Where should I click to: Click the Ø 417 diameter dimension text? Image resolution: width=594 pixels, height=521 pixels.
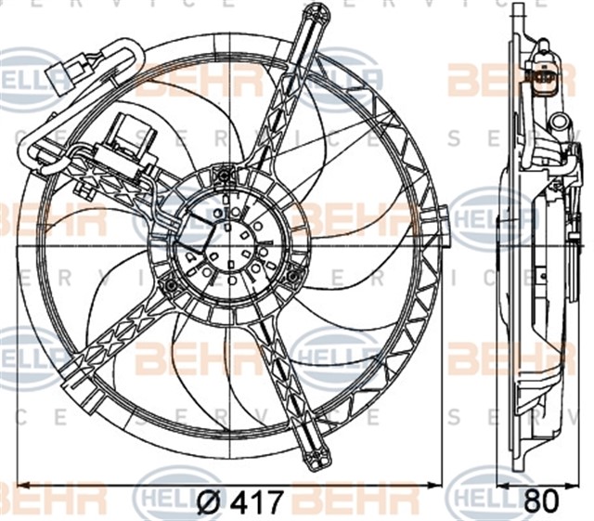coord(239,502)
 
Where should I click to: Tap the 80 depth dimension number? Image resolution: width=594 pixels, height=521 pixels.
coord(543,502)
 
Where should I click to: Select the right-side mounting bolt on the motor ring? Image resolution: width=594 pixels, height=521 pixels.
coord(293,273)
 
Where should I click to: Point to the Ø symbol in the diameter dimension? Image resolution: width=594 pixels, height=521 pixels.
coord(210,502)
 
